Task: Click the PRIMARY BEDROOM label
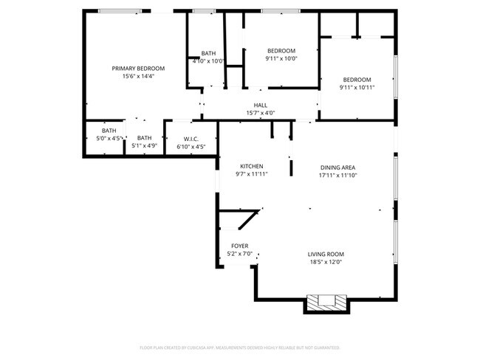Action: coord(138,68)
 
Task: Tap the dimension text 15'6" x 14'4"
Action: coord(138,75)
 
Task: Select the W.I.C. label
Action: coord(191,138)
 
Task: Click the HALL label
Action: coord(260,105)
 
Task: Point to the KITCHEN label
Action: coord(251,166)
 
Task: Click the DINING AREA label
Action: coord(337,167)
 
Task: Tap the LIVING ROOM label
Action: coord(326,255)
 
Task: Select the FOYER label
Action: coord(240,246)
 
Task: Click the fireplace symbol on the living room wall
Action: coord(325,302)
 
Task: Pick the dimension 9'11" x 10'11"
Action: coord(357,87)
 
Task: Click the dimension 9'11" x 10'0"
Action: coord(281,58)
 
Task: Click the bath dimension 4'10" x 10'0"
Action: coord(208,60)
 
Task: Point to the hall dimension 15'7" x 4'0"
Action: coord(260,113)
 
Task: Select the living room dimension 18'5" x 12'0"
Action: coord(326,262)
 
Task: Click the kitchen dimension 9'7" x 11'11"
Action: coord(251,174)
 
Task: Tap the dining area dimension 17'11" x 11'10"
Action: coord(337,176)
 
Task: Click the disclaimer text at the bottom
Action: coord(239,347)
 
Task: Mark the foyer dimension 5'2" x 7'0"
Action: coord(240,254)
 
